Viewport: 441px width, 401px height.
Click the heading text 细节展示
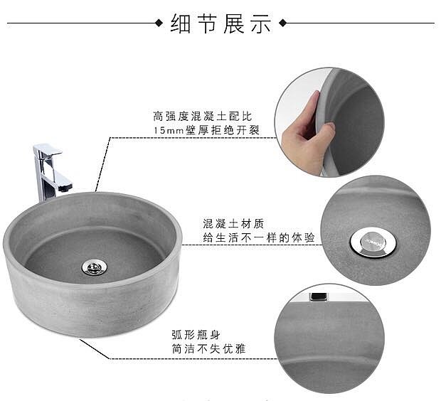(220, 23)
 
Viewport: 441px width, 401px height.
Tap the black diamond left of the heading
(159, 23)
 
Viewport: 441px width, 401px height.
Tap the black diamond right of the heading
(283, 23)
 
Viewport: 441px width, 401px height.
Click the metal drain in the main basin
(94, 267)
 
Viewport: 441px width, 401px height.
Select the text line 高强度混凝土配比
(203, 116)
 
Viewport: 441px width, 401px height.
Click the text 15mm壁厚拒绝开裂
(207, 130)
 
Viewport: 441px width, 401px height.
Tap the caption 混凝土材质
(233, 224)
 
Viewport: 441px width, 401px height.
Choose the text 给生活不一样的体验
(259, 238)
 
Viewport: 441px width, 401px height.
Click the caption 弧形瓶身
(196, 335)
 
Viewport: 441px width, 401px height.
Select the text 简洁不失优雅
(208, 349)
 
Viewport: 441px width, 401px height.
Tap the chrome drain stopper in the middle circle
(373, 242)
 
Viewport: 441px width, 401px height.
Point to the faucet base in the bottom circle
(319, 297)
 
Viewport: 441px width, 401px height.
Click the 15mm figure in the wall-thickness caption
(169, 131)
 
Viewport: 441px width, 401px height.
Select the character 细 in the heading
(181, 23)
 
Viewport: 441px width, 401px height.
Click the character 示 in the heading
(261, 23)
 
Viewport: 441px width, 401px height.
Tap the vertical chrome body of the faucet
(42, 177)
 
